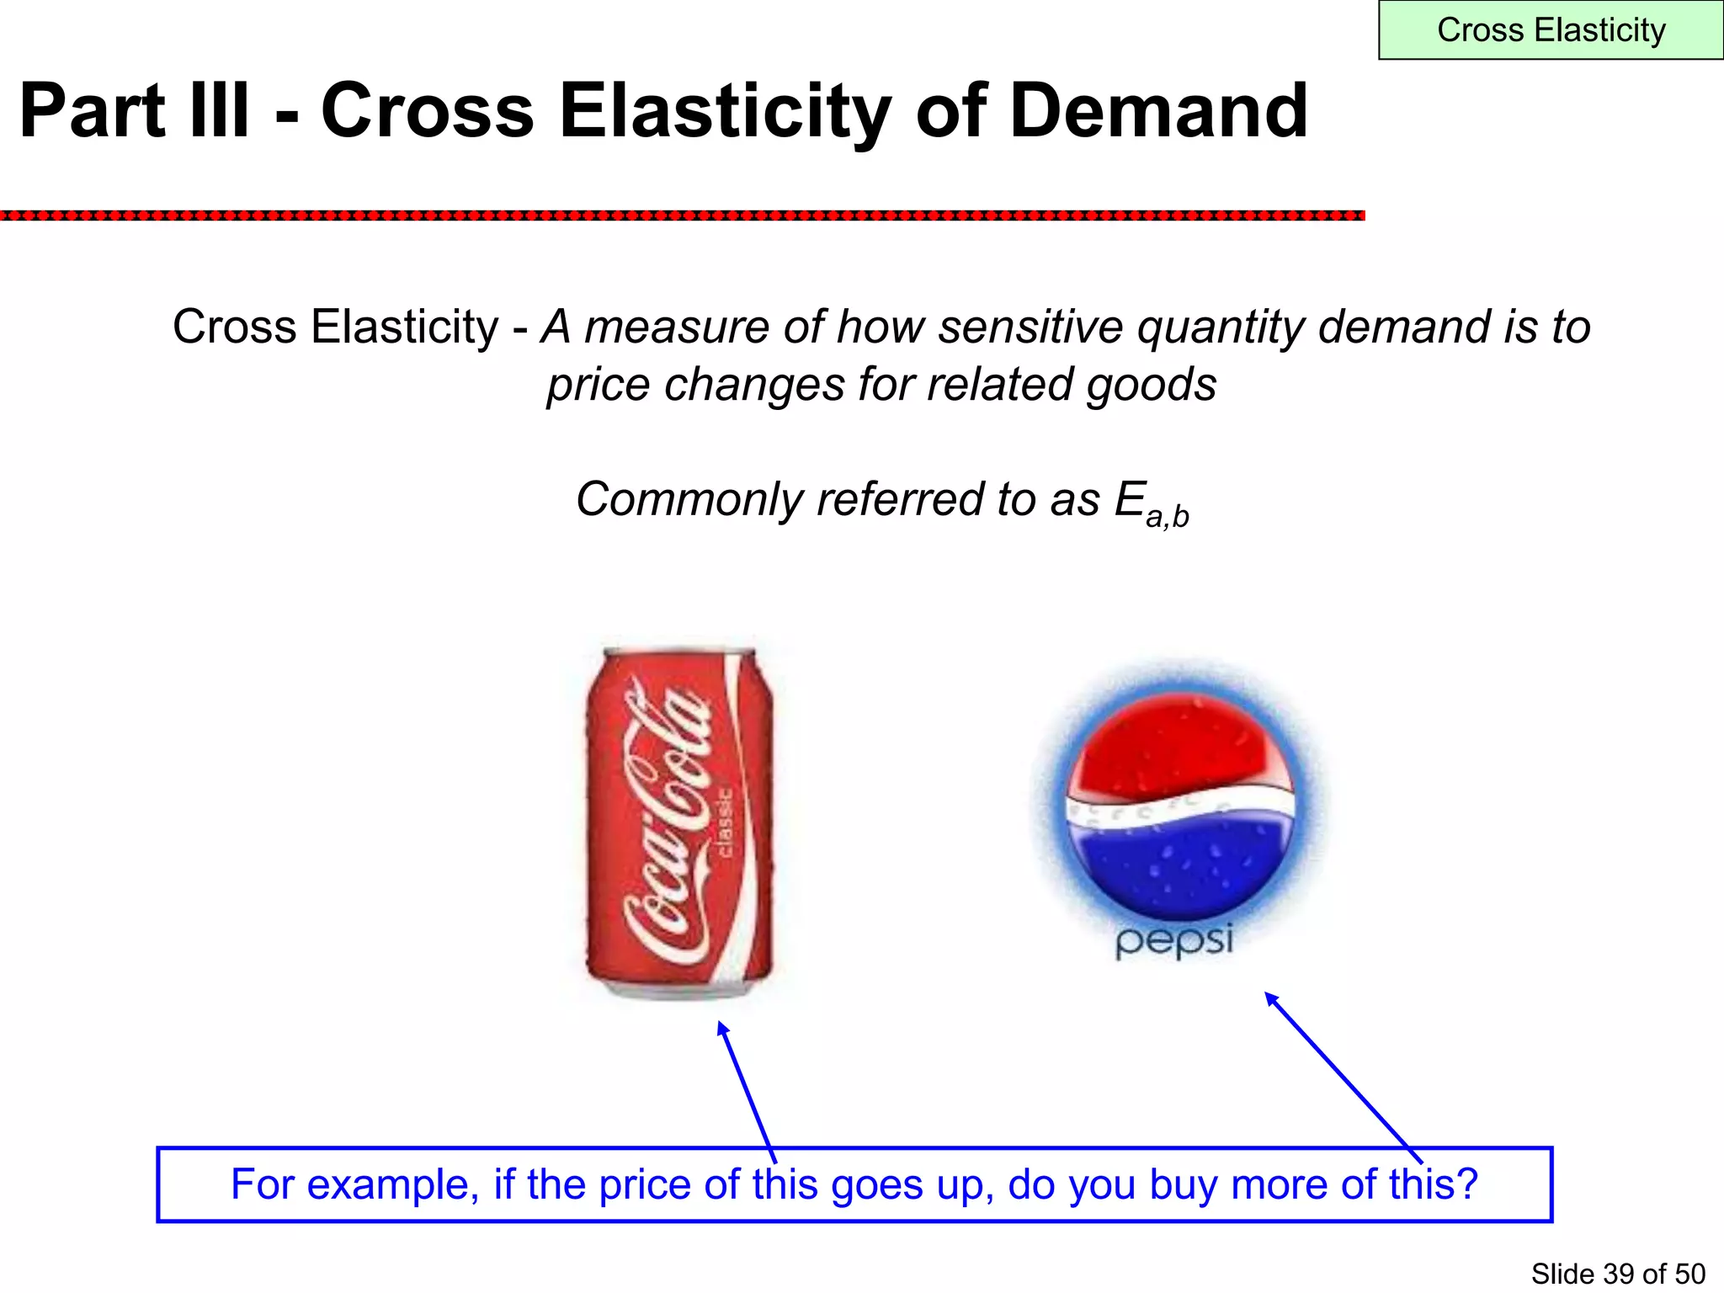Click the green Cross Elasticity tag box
[x=1551, y=30]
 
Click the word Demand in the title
[x=1158, y=111]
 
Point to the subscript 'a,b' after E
[x=1168, y=516]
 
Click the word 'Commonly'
[x=689, y=499]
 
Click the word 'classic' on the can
[x=724, y=822]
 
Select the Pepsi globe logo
[x=1180, y=808]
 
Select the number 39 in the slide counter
[x=1619, y=1274]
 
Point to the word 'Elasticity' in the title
[x=724, y=111]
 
